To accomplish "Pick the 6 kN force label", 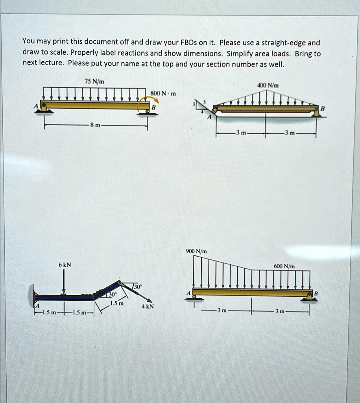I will (65, 265).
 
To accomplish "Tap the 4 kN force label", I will (148, 306).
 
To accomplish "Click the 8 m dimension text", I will (95, 126).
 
